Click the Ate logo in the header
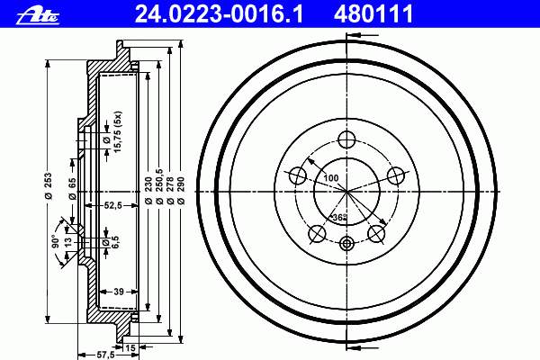[x=38, y=16]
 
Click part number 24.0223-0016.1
[x=220, y=13]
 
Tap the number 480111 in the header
[x=373, y=13]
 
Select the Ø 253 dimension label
[x=49, y=185]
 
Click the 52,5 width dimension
[x=113, y=205]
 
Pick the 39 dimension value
[x=119, y=292]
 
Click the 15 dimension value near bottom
[x=130, y=348]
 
